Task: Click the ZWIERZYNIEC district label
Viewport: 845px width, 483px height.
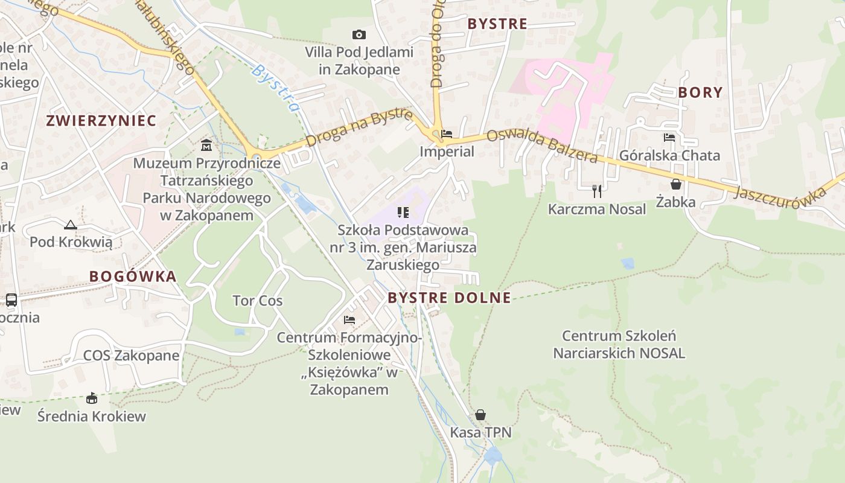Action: click(101, 120)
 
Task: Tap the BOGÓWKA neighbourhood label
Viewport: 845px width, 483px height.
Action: click(133, 277)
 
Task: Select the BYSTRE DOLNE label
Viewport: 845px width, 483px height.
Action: click(449, 298)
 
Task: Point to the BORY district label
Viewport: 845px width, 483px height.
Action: click(700, 92)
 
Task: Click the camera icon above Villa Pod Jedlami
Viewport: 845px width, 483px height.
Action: click(359, 35)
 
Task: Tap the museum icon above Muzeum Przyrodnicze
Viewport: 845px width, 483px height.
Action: click(206, 146)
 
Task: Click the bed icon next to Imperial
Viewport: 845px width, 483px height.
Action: click(447, 134)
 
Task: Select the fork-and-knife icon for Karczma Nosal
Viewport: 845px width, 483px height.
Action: click(597, 191)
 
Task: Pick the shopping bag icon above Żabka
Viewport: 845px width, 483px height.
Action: click(676, 184)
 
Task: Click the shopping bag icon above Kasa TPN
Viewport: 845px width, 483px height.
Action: click(480, 415)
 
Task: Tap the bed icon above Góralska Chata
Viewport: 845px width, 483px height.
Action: click(669, 138)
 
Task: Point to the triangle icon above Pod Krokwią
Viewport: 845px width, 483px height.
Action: click(71, 225)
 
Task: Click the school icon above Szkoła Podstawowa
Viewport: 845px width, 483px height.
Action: click(403, 212)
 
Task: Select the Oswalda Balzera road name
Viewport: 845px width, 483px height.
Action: click(542, 146)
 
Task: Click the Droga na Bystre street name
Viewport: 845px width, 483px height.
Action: click(360, 127)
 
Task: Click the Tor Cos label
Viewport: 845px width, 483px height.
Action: click(258, 301)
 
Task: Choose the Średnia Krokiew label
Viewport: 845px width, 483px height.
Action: click(92, 416)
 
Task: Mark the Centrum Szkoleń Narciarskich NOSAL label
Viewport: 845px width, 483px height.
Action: click(619, 344)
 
